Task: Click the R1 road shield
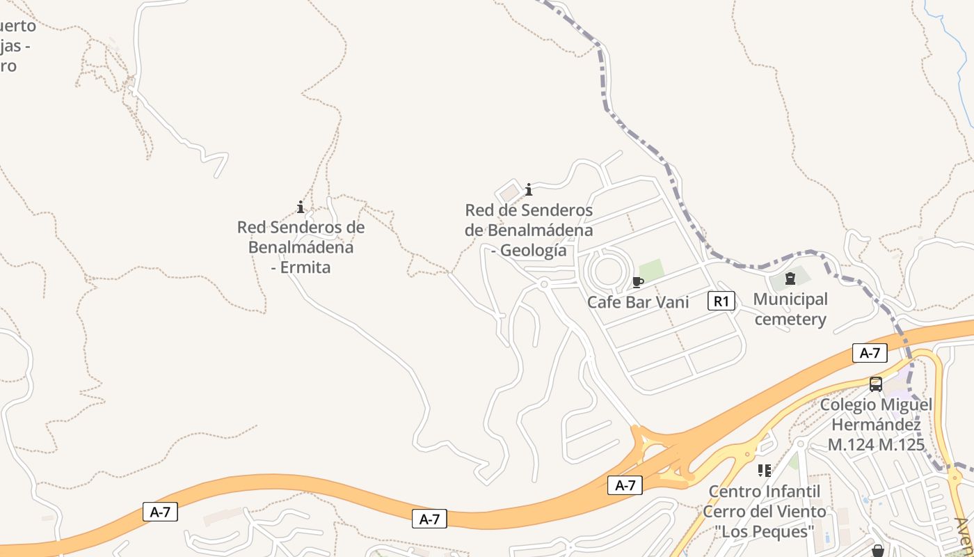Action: (x=721, y=301)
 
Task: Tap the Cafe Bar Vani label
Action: (x=638, y=302)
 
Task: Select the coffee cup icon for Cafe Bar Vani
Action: (x=637, y=282)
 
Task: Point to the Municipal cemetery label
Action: (x=790, y=309)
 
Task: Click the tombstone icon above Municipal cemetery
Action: (x=790, y=279)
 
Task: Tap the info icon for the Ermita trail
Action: (x=301, y=207)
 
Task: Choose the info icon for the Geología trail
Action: (x=529, y=189)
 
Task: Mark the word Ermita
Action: (x=305, y=267)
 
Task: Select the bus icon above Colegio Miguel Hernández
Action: (x=876, y=384)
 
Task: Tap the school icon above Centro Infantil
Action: (x=765, y=471)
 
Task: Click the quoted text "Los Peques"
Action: (x=765, y=532)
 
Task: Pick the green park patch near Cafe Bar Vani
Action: (x=651, y=269)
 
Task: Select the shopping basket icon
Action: (x=877, y=551)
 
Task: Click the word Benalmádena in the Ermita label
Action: (x=301, y=247)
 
